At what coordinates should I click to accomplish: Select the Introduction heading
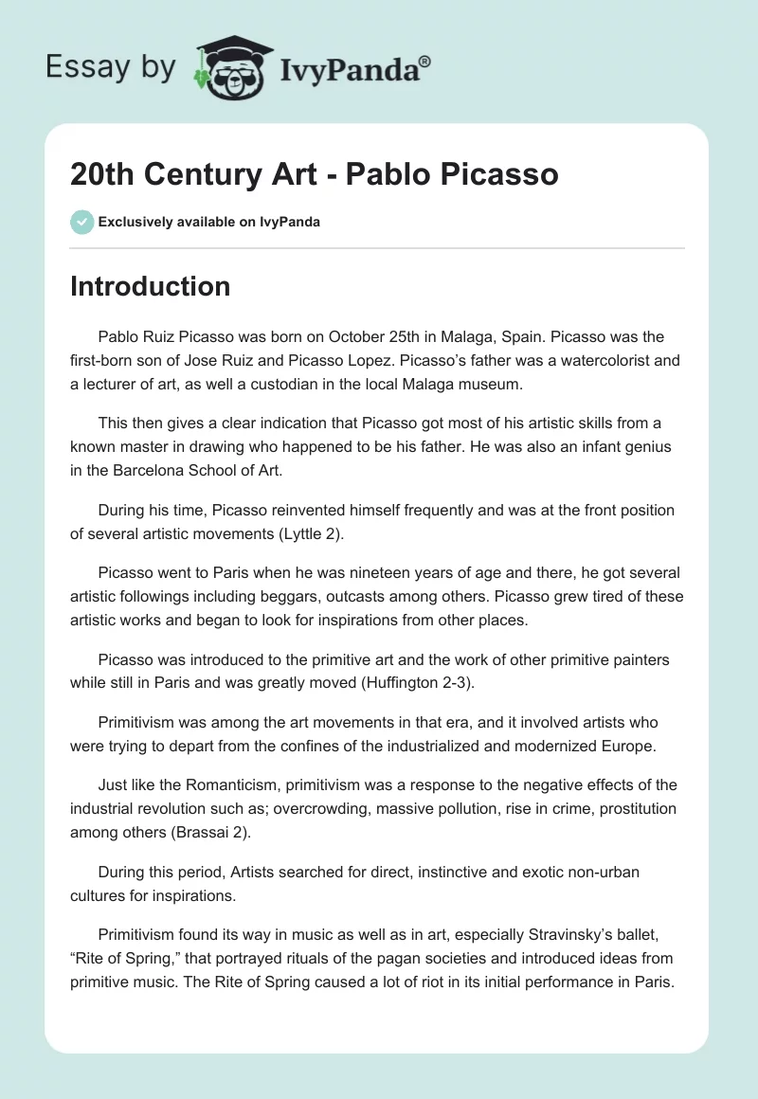[x=150, y=286]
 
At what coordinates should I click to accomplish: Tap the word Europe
[x=623, y=747]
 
